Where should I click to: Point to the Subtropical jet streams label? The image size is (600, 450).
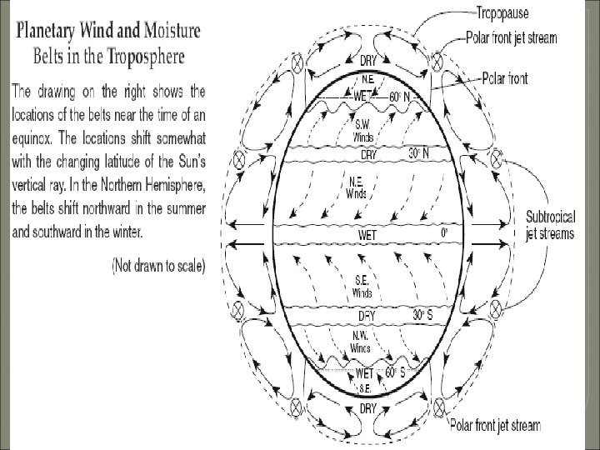549,225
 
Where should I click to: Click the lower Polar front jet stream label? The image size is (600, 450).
495,426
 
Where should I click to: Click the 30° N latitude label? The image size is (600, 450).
419,154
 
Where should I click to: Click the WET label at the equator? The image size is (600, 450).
367,236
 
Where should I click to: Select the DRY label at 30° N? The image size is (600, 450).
367,156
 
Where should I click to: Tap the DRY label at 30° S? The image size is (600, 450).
367,316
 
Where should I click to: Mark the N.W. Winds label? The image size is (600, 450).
361,342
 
